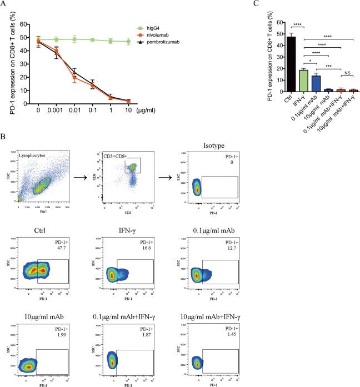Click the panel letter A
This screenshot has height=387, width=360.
tap(4, 5)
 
